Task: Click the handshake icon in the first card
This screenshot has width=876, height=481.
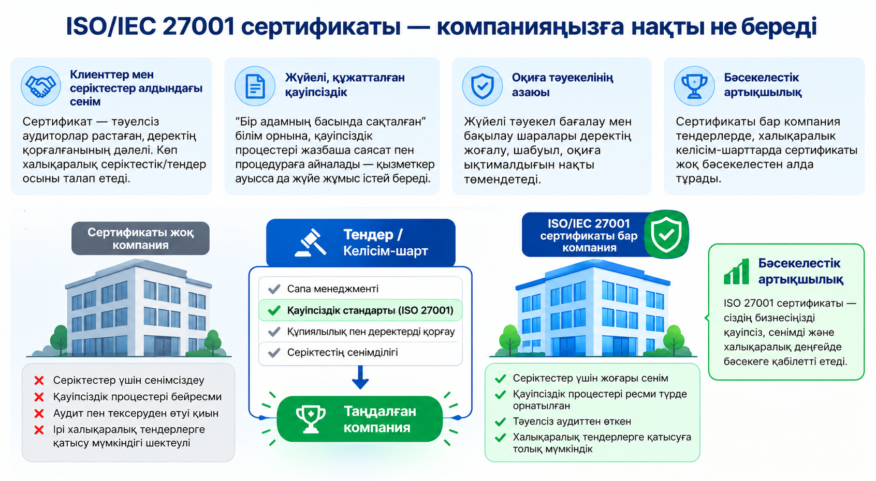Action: point(41,86)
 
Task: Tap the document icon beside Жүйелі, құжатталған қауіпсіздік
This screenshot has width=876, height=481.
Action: point(255,86)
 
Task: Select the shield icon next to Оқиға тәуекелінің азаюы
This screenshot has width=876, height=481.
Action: point(482,86)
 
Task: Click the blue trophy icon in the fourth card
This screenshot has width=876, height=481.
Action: point(695,86)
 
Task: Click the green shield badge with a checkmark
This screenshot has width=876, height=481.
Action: point(666,234)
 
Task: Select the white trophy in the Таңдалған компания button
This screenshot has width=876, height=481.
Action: point(311,419)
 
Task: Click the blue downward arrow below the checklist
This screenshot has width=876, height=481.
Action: point(360,378)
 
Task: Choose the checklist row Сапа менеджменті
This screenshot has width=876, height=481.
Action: point(360,289)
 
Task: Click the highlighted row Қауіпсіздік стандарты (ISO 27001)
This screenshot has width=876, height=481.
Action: point(360,310)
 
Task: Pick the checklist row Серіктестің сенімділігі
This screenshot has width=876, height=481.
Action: point(360,352)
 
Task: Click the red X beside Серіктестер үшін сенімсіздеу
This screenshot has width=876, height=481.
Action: point(39,380)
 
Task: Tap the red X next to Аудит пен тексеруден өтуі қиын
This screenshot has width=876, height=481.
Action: point(39,413)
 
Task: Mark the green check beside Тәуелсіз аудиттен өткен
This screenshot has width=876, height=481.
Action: point(500,422)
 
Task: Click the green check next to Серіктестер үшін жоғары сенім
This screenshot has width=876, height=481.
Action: point(500,379)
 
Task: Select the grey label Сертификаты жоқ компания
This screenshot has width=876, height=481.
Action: point(140,238)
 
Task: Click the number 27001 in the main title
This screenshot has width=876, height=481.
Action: point(198,26)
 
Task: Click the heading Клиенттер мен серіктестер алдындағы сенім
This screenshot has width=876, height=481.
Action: point(136,88)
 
